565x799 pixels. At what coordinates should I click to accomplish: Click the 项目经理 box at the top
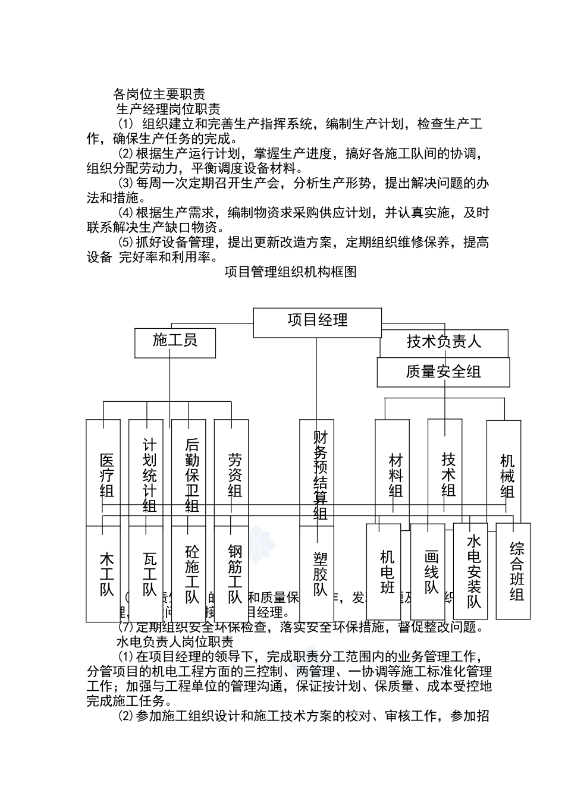[318, 322]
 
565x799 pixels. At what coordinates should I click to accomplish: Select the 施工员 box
[175, 342]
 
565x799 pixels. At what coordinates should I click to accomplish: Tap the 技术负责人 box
[444, 342]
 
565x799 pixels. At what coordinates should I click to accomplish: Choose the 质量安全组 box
[443, 372]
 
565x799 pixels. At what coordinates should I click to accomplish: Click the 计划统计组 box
[149, 473]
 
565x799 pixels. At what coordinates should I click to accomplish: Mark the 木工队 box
[106, 574]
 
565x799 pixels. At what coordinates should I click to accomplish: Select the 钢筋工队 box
[235, 574]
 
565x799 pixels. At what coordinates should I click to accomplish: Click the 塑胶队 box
[321, 574]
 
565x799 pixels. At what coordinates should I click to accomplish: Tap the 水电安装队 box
[473, 571]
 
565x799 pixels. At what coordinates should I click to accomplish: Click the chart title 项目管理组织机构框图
[290, 272]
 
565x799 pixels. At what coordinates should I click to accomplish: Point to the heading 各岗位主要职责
[159, 94]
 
